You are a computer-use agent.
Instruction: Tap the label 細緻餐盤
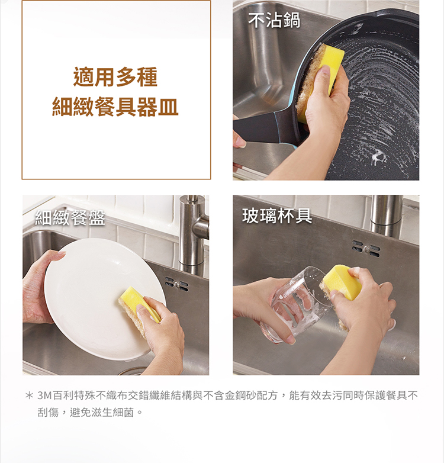click(70, 218)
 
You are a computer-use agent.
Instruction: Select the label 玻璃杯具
click(277, 216)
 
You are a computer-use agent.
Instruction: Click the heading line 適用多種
click(115, 78)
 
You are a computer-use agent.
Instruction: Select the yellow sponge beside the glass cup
click(343, 281)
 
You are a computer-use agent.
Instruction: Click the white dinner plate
click(89, 296)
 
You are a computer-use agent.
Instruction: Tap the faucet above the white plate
click(192, 231)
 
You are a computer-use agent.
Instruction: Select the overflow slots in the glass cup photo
click(366, 247)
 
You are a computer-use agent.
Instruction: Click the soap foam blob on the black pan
click(378, 158)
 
